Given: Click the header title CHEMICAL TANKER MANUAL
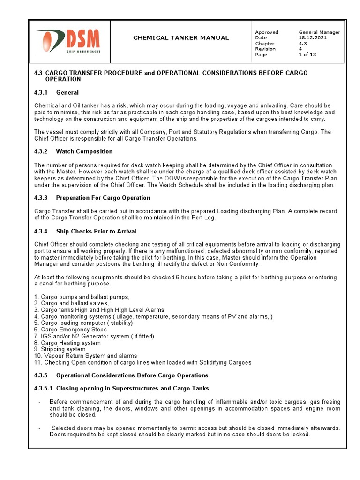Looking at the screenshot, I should [x=181, y=38].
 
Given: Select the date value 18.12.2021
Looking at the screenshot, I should [x=313, y=38].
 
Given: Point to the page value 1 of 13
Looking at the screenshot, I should [x=307, y=55].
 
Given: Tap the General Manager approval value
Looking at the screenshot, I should [x=319, y=32].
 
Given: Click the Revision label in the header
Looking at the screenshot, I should [x=265, y=49].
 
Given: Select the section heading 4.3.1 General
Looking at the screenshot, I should [x=56, y=93].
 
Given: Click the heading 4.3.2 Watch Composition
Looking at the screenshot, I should [x=73, y=152].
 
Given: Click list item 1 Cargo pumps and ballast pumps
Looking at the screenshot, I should [x=82, y=297].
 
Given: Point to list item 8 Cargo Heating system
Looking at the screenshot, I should [x=67, y=343].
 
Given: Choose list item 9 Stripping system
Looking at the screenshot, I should [x=60, y=349].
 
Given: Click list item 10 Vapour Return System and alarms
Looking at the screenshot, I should [x=86, y=356].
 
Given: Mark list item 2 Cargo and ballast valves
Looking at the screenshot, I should [x=71, y=303].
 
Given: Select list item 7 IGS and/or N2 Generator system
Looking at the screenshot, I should [x=94, y=336].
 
